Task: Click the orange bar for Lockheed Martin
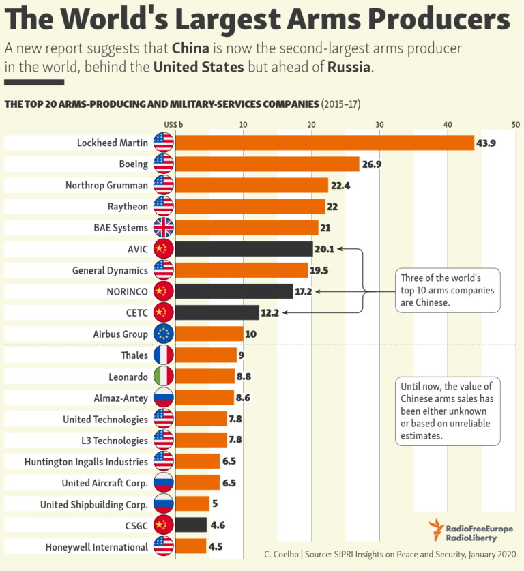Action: click(x=324, y=143)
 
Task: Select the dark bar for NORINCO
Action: click(x=234, y=291)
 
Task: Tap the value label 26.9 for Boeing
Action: click(x=371, y=164)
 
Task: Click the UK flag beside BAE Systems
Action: click(x=164, y=227)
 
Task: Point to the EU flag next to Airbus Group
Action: click(x=164, y=334)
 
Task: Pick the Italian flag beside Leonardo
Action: click(x=164, y=376)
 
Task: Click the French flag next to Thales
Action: click(x=164, y=355)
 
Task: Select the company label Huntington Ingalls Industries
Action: click(x=86, y=462)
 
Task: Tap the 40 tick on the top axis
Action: click(x=448, y=124)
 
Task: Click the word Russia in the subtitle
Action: click(x=349, y=68)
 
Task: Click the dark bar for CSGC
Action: click(x=191, y=525)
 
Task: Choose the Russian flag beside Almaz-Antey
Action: click(x=164, y=397)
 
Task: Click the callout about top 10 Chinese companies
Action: click(x=448, y=289)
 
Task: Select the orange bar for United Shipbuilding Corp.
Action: click(x=192, y=504)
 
